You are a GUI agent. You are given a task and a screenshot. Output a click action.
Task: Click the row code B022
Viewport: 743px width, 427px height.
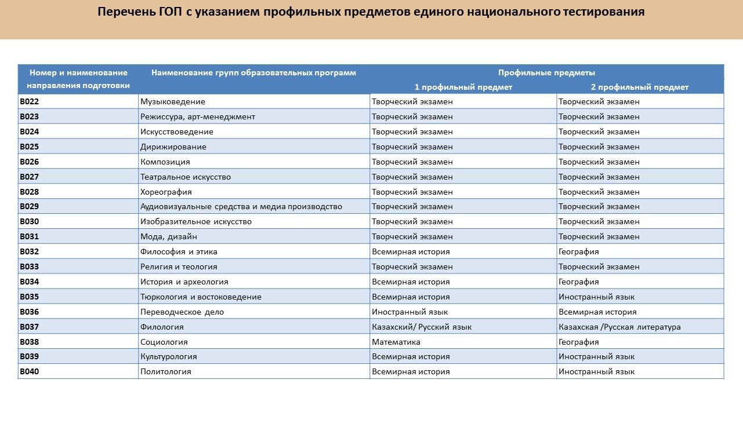click(30, 101)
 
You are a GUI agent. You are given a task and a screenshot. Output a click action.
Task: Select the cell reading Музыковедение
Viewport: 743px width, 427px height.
click(172, 101)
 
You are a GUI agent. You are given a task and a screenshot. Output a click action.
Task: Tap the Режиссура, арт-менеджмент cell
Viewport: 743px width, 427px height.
click(197, 116)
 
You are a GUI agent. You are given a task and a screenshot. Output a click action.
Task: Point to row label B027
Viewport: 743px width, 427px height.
click(30, 177)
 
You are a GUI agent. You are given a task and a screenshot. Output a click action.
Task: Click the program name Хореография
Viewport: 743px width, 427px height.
click(166, 192)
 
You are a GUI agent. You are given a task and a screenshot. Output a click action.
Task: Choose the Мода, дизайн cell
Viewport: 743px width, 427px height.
click(168, 236)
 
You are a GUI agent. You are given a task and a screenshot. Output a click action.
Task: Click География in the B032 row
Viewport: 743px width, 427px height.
click(578, 251)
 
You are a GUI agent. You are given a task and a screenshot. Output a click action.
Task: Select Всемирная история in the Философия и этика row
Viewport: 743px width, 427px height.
click(410, 251)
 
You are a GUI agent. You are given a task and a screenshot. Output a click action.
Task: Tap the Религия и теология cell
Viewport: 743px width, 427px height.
click(179, 267)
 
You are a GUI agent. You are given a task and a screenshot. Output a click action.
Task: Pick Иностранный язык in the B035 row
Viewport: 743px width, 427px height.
click(596, 297)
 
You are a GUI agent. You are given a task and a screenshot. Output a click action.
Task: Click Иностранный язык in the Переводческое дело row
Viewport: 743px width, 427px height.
click(409, 312)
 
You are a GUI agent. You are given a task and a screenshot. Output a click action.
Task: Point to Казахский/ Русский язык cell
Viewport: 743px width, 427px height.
click(421, 327)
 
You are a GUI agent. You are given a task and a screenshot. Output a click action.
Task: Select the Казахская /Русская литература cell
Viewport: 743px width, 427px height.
click(619, 327)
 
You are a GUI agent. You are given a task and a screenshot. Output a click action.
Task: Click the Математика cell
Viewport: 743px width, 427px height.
click(396, 342)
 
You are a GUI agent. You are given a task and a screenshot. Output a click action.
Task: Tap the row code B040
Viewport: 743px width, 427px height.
click(30, 371)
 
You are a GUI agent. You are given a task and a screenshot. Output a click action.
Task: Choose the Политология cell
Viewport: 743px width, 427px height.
click(165, 371)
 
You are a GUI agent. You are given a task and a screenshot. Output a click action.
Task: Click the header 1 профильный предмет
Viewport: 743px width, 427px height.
click(463, 87)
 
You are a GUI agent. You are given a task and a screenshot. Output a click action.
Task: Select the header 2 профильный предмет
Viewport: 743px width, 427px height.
click(639, 87)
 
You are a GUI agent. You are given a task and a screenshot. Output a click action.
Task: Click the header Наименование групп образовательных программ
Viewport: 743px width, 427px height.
click(253, 72)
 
